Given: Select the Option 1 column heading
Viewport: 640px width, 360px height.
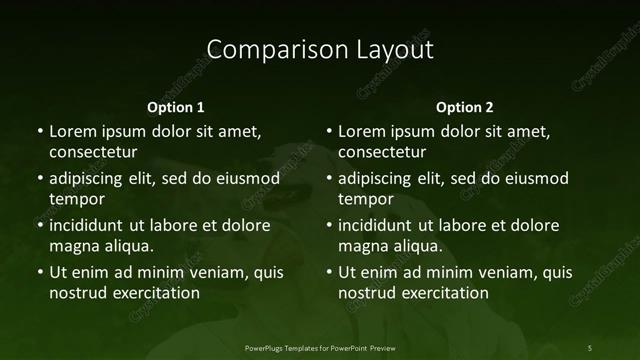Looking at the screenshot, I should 176,107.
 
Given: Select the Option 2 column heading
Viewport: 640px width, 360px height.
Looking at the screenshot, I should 465,107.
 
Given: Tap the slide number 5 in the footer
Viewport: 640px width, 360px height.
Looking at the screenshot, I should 589,347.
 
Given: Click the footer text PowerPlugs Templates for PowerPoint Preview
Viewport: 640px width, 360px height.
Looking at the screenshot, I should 319,347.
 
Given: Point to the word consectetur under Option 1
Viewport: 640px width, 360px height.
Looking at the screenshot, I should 93,152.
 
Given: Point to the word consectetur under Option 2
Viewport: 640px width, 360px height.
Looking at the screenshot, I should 382,152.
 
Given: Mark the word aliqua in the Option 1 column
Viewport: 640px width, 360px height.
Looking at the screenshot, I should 127,245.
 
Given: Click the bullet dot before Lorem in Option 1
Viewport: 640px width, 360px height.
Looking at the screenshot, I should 40,132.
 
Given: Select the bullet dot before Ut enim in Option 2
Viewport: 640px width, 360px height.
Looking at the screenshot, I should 329,272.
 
